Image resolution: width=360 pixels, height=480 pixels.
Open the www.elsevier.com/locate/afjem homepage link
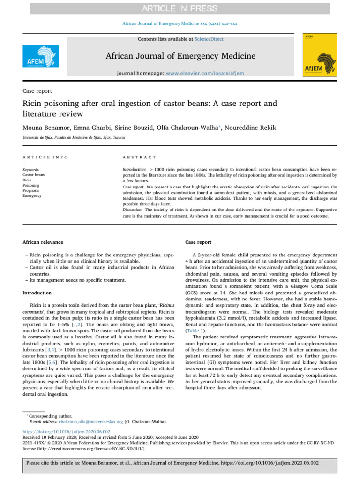205,74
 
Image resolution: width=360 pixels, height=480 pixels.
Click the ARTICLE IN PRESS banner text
180,8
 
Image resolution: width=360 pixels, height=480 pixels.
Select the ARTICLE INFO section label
45,157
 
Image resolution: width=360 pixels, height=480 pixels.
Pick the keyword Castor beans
34,174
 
